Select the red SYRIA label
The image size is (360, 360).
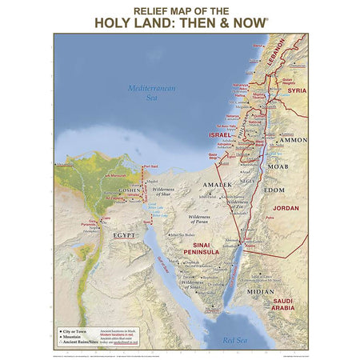(x=296, y=90)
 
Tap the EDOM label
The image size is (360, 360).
(x=274, y=190)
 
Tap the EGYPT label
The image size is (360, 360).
(x=124, y=237)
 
